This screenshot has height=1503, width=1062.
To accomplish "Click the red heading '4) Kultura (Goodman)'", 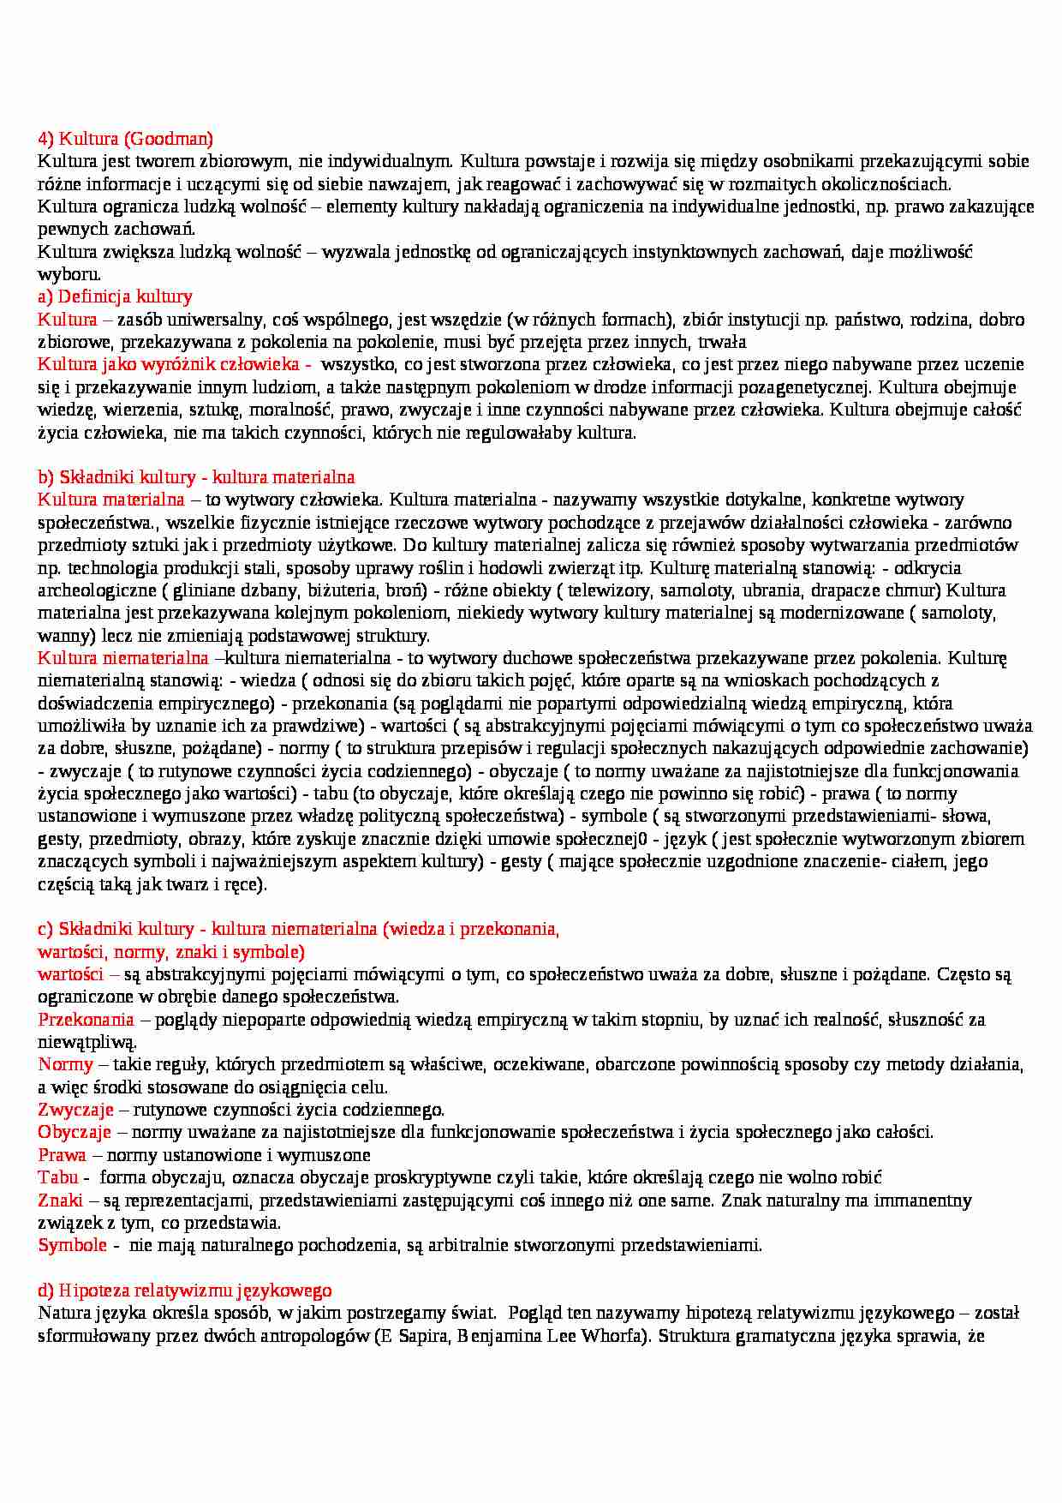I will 125,138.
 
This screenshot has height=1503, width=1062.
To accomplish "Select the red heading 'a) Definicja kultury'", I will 115,296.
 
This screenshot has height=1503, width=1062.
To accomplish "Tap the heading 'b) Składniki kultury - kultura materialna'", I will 196,477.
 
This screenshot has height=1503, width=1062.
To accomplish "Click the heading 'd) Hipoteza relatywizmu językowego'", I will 185,1290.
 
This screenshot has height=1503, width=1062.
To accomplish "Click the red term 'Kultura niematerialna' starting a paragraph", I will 123,658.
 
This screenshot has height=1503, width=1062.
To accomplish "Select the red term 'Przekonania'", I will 86,1020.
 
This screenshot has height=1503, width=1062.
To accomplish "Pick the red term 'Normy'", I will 65,1064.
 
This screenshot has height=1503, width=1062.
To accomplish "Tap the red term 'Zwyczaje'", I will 75,1110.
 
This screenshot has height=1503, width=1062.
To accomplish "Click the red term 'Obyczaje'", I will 75,1132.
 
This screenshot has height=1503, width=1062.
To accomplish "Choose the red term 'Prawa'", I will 62,1155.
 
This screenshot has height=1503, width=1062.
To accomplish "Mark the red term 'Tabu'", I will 57,1177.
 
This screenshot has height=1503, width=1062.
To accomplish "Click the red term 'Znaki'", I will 60,1201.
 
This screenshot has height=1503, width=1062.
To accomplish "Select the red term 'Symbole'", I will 72,1245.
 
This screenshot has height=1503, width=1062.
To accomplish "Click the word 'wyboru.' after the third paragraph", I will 69,274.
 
